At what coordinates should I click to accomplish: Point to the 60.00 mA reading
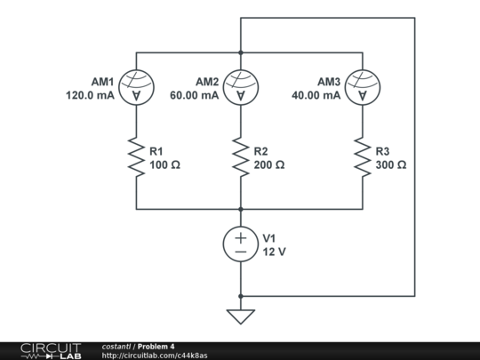[x=195, y=95]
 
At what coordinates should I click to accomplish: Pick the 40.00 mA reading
[x=316, y=95]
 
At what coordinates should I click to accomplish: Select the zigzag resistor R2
[x=240, y=157]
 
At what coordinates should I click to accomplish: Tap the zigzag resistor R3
[x=362, y=157]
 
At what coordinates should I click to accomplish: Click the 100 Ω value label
[x=165, y=165]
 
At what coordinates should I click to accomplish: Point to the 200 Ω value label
[x=269, y=165]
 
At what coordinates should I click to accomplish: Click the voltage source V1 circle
[x=240, y=244]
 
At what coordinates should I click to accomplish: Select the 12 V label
[x=272, y=252]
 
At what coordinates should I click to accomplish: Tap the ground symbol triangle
[x=240, y=316]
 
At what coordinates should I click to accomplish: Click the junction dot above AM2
[x=240, y=52]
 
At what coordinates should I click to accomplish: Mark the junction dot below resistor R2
[x=240, y=209]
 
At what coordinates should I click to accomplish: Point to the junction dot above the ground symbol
[x=240, y=295]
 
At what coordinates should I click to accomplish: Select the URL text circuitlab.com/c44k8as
[x=155, y=356]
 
